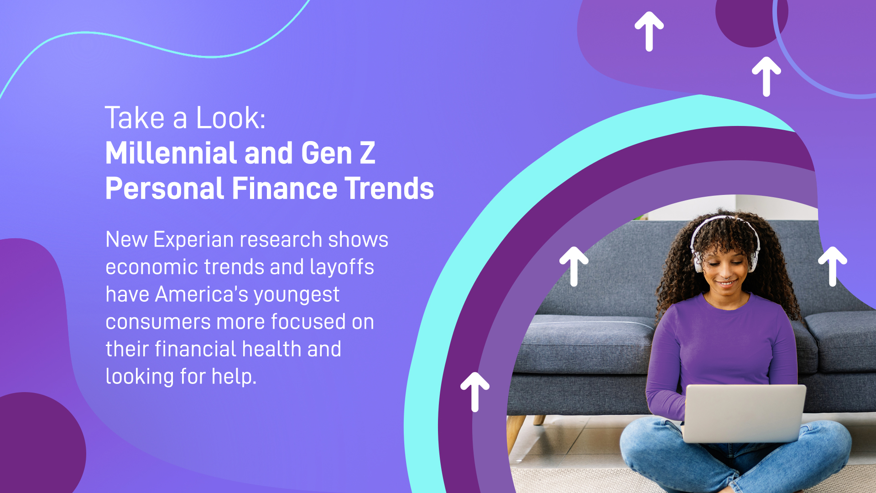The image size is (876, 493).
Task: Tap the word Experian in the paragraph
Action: (x=193, y=240)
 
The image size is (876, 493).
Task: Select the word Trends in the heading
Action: (x=389, y=189)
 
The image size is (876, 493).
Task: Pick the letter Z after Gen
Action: (x=367, y=153)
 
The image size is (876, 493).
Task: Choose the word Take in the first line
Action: (x=135, y=118)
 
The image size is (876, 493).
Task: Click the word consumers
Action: (x=158, y=322)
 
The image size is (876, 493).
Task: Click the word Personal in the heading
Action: (x=165, y=189)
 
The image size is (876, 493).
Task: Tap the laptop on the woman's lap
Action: (x=744, y=413)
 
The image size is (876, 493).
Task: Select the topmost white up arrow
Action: (x=649, y=31)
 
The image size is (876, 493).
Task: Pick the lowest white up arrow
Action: (x=475, y=392)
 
